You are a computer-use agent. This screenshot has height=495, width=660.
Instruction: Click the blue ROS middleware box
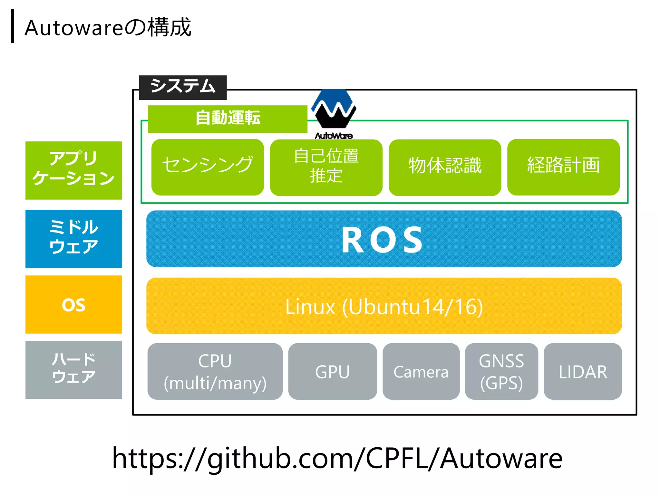click(x=383, y=239)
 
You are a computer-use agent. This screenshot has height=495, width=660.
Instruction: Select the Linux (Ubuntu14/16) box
click(x=383, y=306)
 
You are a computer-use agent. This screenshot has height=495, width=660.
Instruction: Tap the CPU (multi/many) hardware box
click(x=215, y=371)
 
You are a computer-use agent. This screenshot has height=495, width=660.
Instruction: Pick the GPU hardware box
click(x=332, y=371)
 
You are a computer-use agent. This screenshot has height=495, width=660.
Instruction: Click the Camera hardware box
click(x=421, y=371)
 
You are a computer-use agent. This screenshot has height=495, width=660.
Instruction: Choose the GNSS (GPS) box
click(x=501, y=371)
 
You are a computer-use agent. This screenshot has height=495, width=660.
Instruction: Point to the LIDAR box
click(x=583, y=371)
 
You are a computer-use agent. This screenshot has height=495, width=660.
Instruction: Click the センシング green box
click(x=208, y=167)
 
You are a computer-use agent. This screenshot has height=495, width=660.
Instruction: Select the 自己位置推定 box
click(x=326, y=167)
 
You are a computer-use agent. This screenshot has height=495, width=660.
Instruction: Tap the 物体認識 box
click(x=445, y=167)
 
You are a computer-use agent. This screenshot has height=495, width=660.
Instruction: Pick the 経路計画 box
click(x=563, y=167)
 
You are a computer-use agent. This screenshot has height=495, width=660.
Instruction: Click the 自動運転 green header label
click(x=228, y=119)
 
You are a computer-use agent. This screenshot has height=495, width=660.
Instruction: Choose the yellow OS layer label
click(x=73, y=304)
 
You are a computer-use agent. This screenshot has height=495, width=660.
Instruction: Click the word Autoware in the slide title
click(x=73, y=28)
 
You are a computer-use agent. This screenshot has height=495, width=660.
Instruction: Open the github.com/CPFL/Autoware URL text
click(x=337, y=458)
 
